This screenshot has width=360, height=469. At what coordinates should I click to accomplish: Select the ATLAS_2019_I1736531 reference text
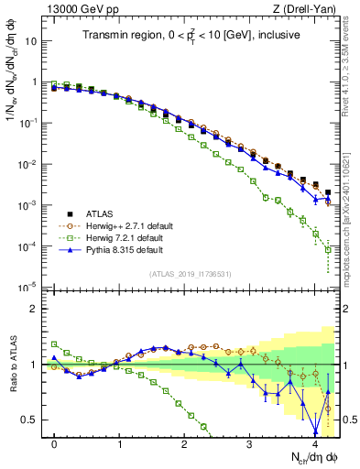[x=191, y=275]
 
